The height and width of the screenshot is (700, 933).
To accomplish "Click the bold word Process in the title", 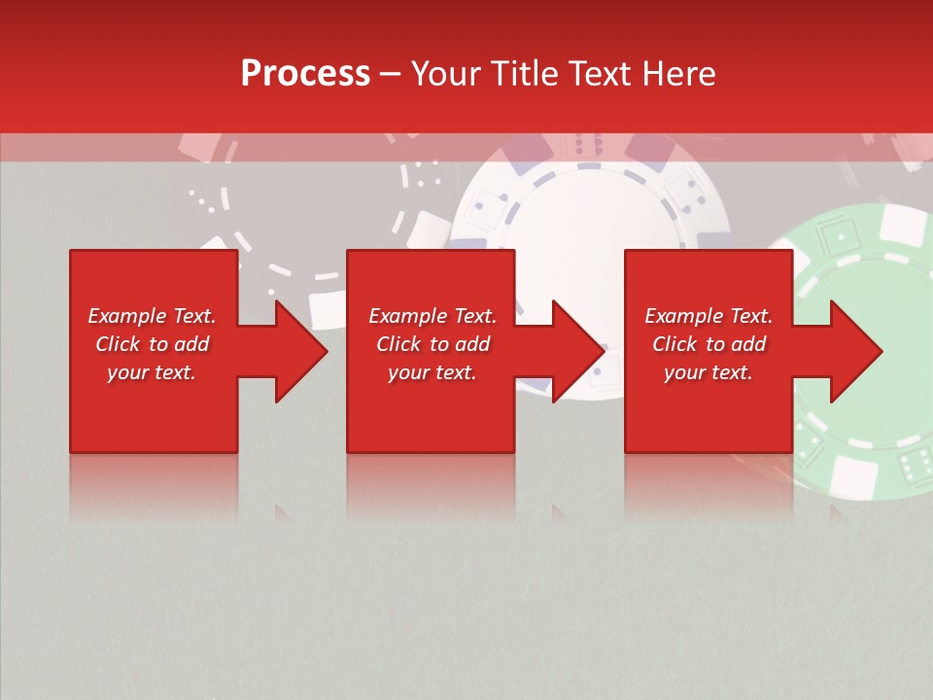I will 305,74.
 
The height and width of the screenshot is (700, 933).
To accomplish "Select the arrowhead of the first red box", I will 301,351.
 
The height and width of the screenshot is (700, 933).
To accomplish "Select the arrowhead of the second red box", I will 578,351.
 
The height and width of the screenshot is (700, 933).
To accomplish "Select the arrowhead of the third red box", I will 856,351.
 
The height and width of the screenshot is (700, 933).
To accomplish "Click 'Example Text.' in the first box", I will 152,316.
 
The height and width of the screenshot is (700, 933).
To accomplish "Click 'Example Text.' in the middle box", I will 432,316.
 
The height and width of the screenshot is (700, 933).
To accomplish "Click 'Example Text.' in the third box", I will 708,316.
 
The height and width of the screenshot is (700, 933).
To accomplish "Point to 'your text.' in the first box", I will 152,372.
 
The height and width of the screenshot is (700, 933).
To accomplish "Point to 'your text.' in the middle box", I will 432,372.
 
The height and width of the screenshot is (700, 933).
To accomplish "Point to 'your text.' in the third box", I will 708,372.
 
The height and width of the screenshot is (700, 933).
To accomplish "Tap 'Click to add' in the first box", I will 152,344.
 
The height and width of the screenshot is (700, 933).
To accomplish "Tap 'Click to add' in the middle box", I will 432,344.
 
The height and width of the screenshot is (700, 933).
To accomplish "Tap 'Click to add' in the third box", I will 708,344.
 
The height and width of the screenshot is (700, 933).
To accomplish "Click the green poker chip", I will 865,292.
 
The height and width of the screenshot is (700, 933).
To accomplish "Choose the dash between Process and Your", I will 391,74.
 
